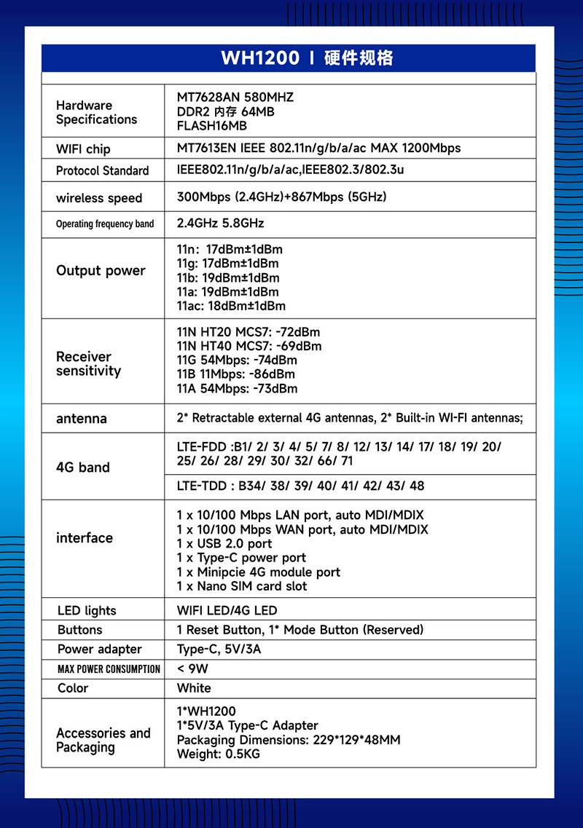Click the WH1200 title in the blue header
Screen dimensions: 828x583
(x=259, y=58)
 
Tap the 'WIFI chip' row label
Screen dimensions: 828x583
(x=83, y=149)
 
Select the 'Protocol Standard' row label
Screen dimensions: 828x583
(x=102, y=171)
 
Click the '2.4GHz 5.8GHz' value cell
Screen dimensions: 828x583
(x=220, y=223)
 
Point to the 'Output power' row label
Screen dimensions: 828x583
(x=101, y=271)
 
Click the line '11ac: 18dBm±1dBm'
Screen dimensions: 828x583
(x=231, y=306)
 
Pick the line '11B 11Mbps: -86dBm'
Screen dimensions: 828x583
(x=236, y=374)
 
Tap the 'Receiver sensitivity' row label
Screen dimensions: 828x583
(x=88, y=364)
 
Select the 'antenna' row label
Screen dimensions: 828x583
(x=82, y=419)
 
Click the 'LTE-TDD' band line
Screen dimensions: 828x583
(x=300, y=486)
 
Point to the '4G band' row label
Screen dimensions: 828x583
(x=83, y=468)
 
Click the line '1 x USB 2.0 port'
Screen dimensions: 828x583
(x=224, y=544)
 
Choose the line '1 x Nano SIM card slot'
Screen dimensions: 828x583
(x=242, y=586)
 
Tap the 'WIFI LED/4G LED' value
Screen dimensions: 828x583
(x=227, y=610)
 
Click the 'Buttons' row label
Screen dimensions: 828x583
(x=80, y=630)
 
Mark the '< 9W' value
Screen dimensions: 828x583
(x=192, y=669)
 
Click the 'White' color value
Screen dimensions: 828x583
(x=194, y=688)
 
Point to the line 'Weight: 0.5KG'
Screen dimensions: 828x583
(x=218, y=754)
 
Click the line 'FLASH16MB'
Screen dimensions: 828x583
(x=212, y=126)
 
